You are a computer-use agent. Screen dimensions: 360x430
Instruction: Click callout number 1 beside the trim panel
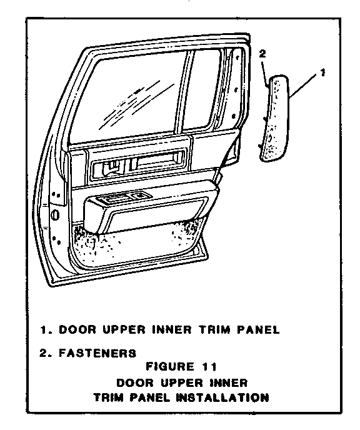coord(322,72)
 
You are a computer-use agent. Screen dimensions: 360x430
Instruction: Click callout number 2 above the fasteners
coord(262,54)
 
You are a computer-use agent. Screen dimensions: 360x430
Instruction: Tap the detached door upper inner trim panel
coord(275,118)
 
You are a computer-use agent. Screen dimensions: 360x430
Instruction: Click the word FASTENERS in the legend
coord(97,353)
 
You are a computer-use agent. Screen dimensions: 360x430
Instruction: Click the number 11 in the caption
coord(209,367)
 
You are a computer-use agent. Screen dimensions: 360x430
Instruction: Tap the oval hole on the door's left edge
coord(55,215)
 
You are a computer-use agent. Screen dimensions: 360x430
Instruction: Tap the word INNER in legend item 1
coord(172,329)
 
